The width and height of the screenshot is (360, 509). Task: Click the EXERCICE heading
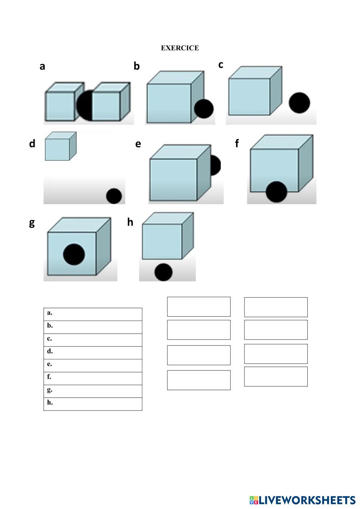coord(180,48)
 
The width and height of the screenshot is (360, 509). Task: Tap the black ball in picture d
coord(114,196)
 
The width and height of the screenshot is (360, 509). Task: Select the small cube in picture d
coord(61,146)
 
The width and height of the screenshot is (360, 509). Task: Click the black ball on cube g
coord(74,254)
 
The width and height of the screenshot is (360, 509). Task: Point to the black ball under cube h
coord(163,272)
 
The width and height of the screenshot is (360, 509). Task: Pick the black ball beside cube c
coord(299,103)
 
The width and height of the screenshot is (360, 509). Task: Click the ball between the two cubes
coord(85,105)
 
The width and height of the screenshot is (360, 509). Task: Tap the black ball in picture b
coord(204,109)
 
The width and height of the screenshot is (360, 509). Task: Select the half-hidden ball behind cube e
coord(216,165)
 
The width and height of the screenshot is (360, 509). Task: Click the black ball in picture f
coord(276,192)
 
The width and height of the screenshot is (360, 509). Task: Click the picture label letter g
coord(32,223)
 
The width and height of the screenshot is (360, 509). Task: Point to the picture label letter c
coord(221,64)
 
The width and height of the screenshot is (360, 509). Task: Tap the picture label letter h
coord(130,222)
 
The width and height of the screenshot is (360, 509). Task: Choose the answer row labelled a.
coord(93,314)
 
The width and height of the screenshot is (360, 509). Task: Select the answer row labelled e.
coord(93,366)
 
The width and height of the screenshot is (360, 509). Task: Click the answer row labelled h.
coord(93,404)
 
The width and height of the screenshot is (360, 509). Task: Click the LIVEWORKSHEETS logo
coord(302,500)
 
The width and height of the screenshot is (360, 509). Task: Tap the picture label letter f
coord(237,143)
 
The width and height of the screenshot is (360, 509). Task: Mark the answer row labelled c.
coord(93,340)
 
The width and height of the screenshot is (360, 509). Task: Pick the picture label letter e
coord(138,144)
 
